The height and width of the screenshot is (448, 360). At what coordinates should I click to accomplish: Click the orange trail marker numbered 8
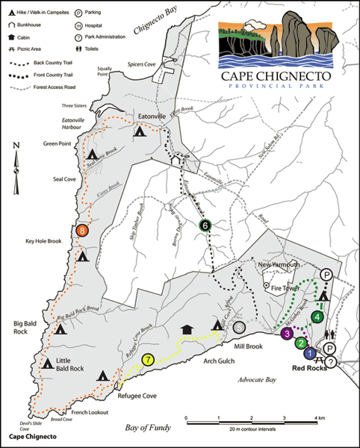(83, 231)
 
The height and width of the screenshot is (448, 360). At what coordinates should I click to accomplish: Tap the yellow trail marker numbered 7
(149, 360)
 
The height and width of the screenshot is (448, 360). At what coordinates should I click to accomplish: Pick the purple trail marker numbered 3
(286, 334)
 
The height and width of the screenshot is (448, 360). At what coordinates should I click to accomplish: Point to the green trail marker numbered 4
(318, 317)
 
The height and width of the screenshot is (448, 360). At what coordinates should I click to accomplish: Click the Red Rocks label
(309, 368)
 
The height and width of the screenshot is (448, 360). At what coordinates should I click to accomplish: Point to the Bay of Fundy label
(146, 427)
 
